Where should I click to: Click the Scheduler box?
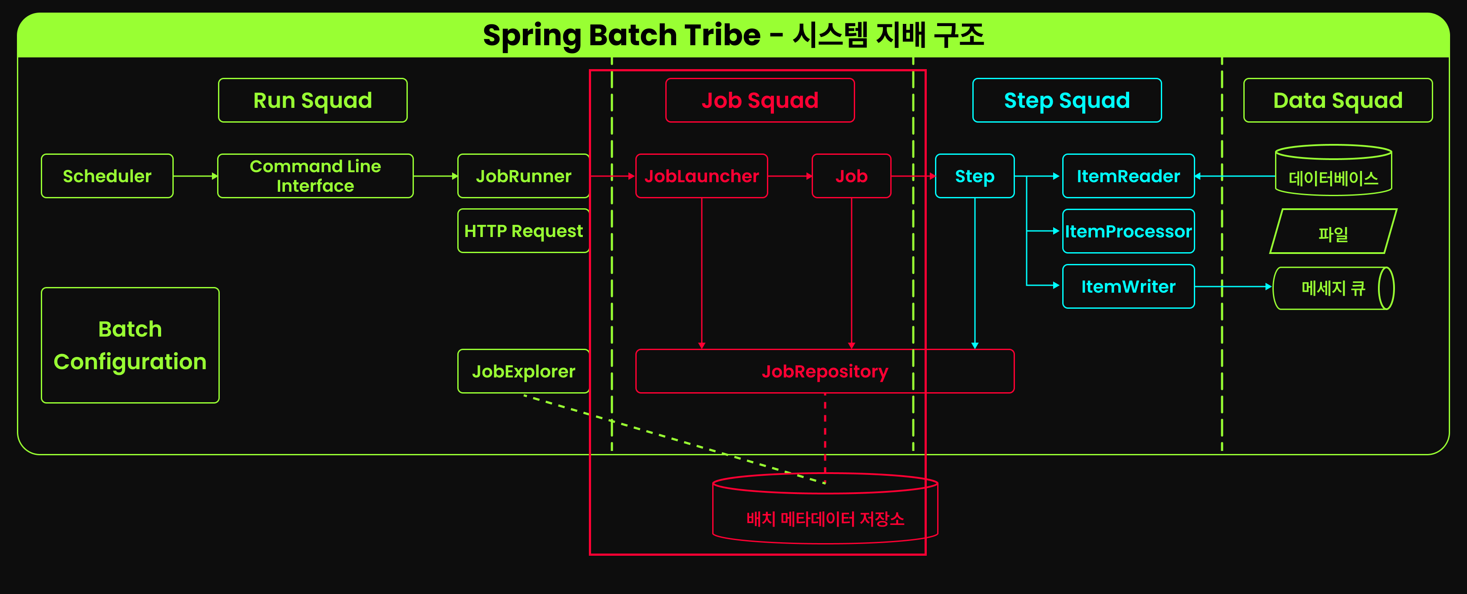pyautogui.click(x=107, y=176)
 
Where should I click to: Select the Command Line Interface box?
pyautogui.click(x=315, y=176)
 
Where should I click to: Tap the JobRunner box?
pyautogui.click(x=523, y=176)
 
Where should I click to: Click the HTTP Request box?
pyautogui.click(x=523, y=231)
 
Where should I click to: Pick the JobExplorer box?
pyautogui.click(x=523, y=371)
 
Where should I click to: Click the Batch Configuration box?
pyautogui.click(x=130, y=345)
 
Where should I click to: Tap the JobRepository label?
pyautogui.click(x=824, y=371)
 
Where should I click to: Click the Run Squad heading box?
pyautogui.click(x=313, y=100)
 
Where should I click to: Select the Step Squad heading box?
pyautogui.click(x=1067, y=100)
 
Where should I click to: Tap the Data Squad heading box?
pyautogui.click(x=1337, y=100)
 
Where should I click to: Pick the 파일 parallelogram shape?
pyautogui.click(x=1333, y=232)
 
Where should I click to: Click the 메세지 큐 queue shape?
pyautogui.click(x=1333, y=288)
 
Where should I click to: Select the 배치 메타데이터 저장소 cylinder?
pyautogui.click(x=825, y=513)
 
